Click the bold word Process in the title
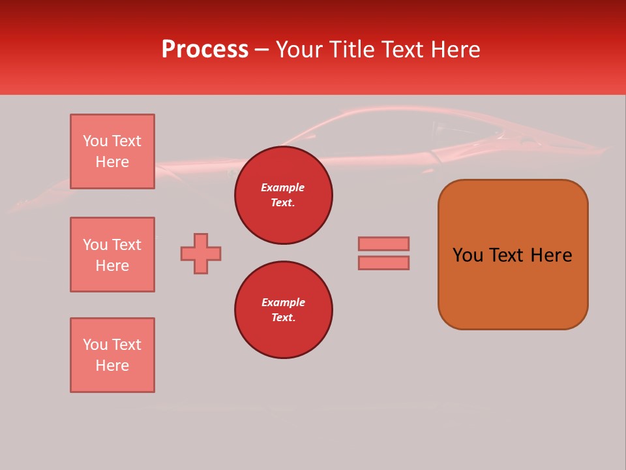tap(205, 50)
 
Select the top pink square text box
tap(112, 151)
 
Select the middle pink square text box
tap(112, 255)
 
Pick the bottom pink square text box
tap(112, 355)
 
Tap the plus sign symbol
tap(201, 253)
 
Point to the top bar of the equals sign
tap(383, 243)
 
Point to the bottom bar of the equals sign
tap(383, 262)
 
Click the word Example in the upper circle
tap(283, 187)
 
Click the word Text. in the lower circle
tap(283, 317)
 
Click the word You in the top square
tap(95, 141)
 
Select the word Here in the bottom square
tap(112, 366)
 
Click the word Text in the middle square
tap(126, 245)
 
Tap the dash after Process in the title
tap(261, 50)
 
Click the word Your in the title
tap(299, 50)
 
